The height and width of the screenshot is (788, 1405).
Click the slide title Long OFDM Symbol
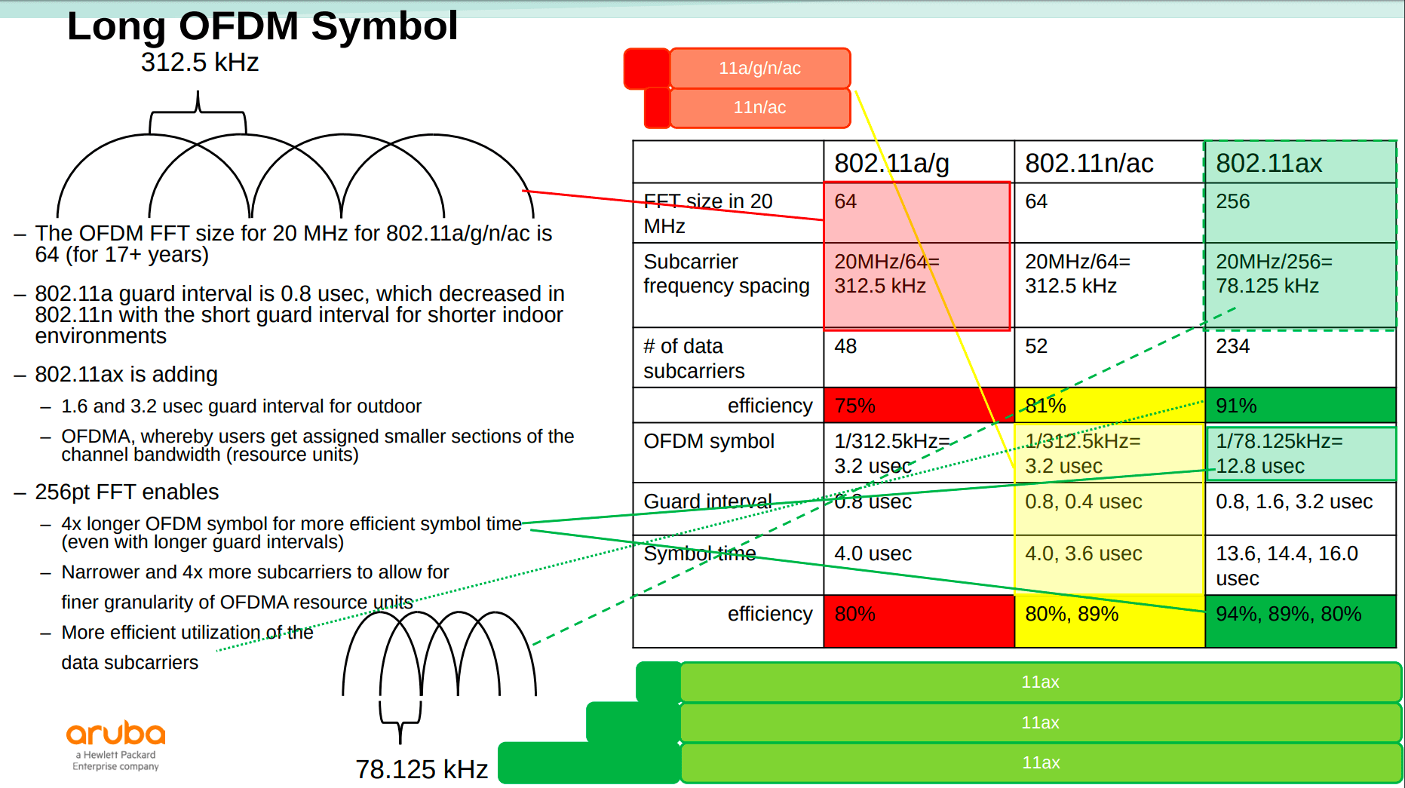pos(262,26)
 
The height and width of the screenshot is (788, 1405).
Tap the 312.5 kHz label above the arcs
pos(200,63)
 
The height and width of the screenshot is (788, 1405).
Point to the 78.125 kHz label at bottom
pos(422,769)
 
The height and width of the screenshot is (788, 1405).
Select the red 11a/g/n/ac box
pos(759,69)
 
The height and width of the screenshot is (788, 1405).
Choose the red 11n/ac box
pos(759,108)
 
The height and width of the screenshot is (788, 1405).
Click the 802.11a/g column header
pos(891,163)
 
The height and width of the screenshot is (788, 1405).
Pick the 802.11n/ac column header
pos(1089,163)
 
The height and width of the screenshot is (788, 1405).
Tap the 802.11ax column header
pos(1269,163)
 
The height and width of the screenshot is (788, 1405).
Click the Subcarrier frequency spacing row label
pos(726,274)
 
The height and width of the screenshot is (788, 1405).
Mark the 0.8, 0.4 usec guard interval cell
pos(1084,502)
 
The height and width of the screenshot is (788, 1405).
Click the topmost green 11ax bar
pos(1041,682)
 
